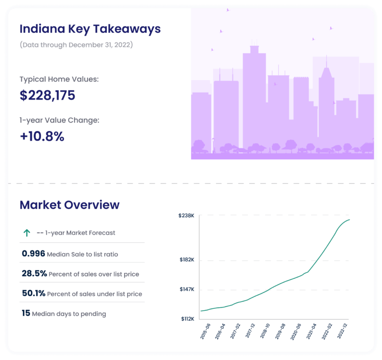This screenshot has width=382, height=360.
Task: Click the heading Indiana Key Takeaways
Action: [x=90, y=29]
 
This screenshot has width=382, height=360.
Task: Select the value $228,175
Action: [x=47, y=95]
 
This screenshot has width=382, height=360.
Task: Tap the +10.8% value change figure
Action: [x=42, y=136]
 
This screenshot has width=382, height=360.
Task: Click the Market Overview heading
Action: [x=70, y=205]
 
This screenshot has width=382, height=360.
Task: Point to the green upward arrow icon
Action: [x=27, y=233]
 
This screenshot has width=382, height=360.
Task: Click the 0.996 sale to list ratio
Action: [x=33, y=254]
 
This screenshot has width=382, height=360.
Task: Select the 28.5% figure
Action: [x=34, y=273]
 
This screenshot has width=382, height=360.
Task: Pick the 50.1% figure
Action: [x=34, y=294]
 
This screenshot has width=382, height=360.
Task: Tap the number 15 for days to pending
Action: [x=26, y=314]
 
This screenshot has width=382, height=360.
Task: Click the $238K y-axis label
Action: [x=187, y=216]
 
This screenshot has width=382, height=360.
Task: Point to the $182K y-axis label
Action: [x=187, y=260]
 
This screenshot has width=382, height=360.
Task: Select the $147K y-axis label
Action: [x=187, y=289]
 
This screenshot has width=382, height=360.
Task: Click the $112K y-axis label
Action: [x=187, y=319]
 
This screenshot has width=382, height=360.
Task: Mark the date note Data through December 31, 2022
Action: [x=76, y=45]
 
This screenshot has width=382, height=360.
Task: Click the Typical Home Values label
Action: [x=59, y=79]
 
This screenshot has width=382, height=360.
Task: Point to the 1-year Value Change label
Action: [x=59, y=120]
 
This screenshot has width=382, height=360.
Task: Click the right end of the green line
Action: [x=350, y=220]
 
